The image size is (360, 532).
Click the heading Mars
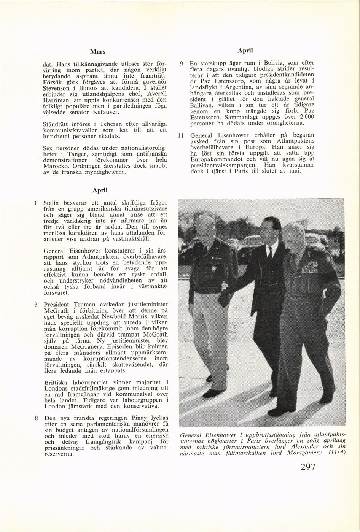(97, 51)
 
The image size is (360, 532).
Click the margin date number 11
(181, 135)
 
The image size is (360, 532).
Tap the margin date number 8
(35, 418)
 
